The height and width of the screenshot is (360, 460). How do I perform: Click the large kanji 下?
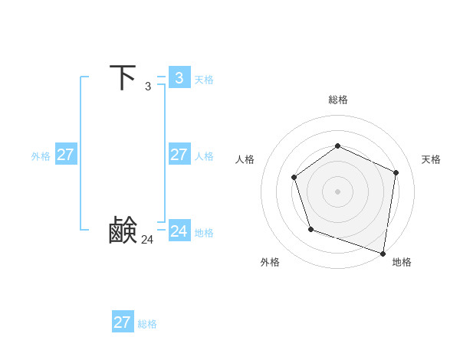[123, 77]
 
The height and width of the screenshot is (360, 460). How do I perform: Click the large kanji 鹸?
[123, 231]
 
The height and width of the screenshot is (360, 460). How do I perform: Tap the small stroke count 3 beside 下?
[148, 87]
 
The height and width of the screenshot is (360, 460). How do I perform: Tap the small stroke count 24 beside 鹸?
[147, 240]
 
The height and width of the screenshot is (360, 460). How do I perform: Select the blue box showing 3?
[179, 77]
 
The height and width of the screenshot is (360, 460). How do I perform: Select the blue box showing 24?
[179, 231]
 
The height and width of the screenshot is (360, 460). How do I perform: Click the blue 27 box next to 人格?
[179, 154]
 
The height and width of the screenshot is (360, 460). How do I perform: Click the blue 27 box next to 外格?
[66, 154]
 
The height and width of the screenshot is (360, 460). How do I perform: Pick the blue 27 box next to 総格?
[123, 322]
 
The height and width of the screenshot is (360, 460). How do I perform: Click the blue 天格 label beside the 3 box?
[204, 79]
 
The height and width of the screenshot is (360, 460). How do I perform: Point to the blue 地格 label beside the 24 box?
[204, 232]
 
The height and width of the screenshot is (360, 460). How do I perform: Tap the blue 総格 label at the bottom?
[147, 324]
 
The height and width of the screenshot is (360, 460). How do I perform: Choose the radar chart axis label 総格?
[337, 100]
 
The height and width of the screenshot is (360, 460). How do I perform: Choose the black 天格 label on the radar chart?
[432, 159]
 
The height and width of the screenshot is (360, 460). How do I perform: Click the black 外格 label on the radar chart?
[270, 262]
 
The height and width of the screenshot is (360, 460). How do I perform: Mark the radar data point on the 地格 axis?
[383, 253]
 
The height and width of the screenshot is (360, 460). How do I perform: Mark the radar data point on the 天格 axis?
[396, 172]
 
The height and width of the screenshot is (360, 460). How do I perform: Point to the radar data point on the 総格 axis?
[337, 146]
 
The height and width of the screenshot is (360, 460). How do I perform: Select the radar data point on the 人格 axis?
[294, 178]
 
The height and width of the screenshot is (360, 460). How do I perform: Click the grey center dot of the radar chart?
[337, 191]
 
